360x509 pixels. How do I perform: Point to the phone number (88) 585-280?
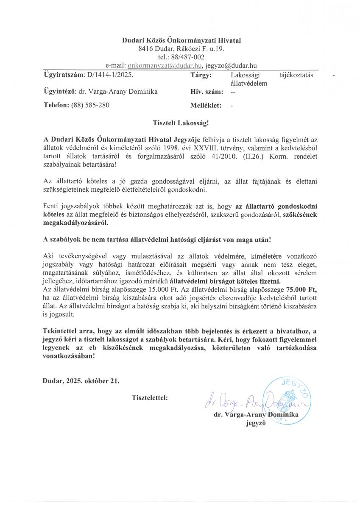(x=90, y=105)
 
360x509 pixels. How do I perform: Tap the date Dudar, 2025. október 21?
(x=81, y=380)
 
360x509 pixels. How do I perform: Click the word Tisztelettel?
(x=150, y=398)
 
